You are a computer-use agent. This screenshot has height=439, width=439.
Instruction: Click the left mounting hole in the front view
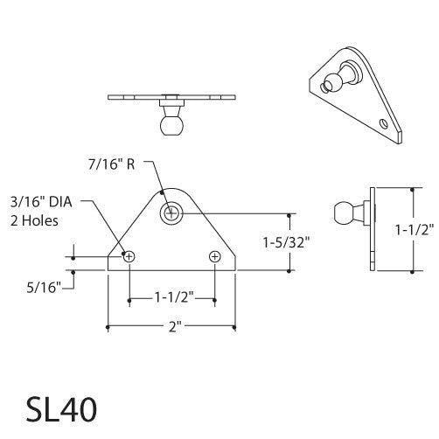(x=129, y=257)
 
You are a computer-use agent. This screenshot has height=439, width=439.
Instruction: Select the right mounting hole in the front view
(x=215, y=257)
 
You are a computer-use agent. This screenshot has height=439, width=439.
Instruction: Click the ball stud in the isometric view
(x=336, y=82)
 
